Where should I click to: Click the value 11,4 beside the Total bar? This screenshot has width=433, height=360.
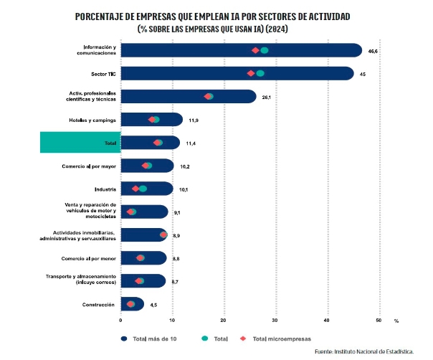click(x=191, y=143)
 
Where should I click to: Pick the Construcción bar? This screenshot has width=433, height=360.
click(x=133, y=304)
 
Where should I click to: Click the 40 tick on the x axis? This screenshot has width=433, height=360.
click(x=327, y=320)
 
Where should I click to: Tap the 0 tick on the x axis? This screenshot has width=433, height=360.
click(x=120, y=320)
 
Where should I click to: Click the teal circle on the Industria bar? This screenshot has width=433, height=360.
click(x=143, y=189)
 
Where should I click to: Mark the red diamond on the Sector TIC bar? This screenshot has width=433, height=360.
click(x=251, y=73)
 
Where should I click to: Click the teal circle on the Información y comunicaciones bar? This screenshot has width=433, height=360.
click(x=265, y=50)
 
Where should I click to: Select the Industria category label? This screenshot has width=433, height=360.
click(x=105, y=189)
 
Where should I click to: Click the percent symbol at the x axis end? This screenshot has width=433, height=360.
click(x=396, y=320)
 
